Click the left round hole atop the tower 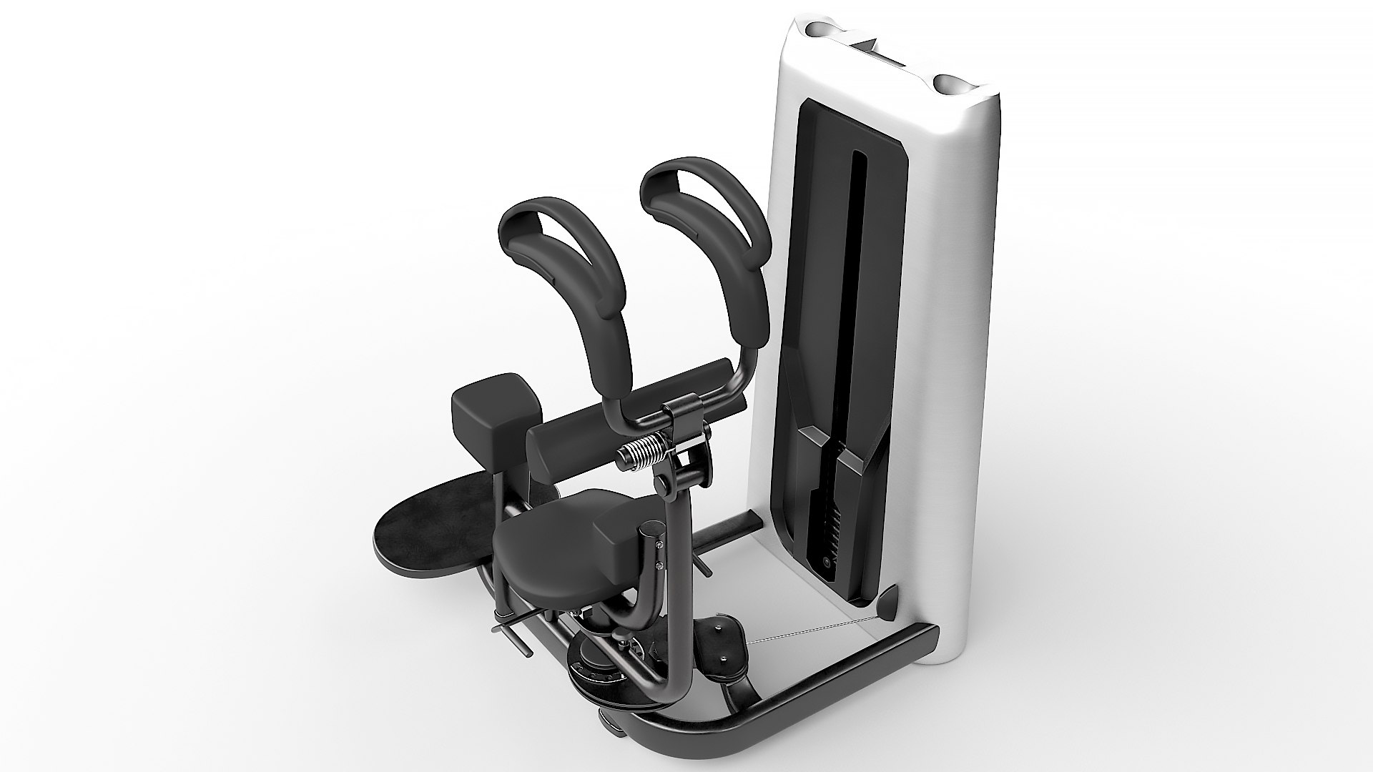[820, 30]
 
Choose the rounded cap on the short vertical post [651, 530]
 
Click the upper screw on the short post [659, 545]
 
